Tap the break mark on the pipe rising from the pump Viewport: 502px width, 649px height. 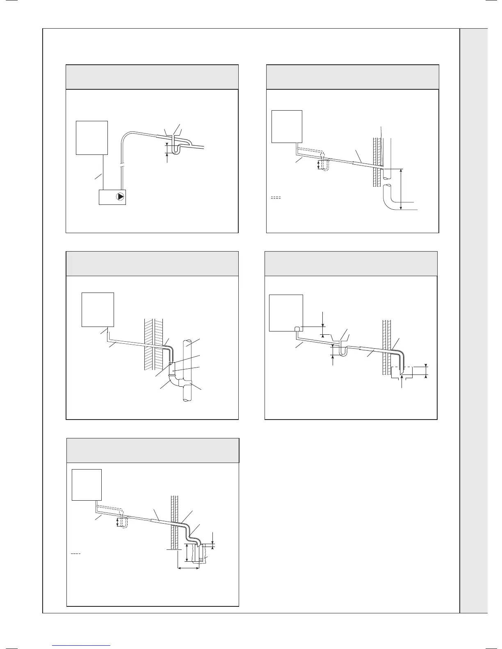point(121,166)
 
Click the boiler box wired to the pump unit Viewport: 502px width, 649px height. point(92,138)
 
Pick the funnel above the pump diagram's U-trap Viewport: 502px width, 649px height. point(176,135)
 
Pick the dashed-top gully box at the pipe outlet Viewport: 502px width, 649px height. point(397,372)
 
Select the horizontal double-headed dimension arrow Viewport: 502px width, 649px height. point(188,568)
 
